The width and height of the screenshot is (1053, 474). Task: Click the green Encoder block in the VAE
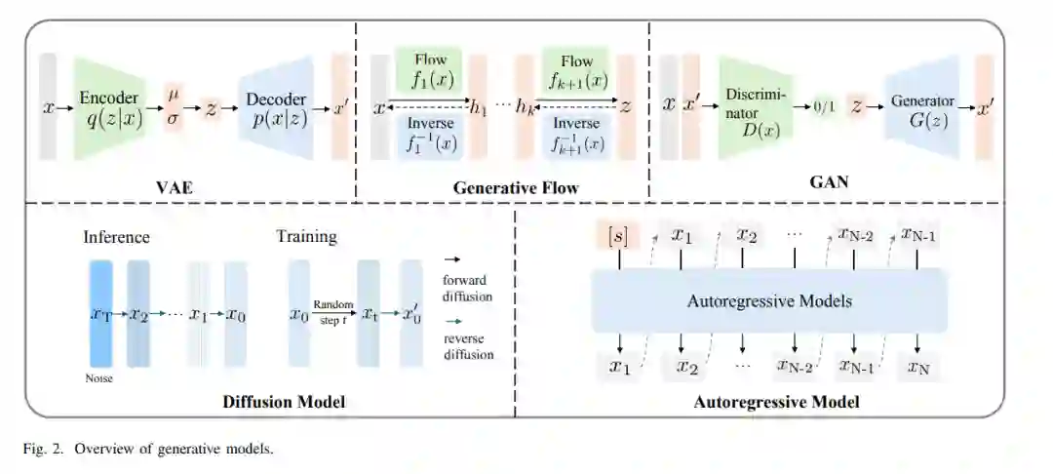(109, 108)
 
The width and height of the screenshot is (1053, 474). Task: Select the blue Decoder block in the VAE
(275, 108)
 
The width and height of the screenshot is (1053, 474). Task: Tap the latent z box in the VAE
(210, 108)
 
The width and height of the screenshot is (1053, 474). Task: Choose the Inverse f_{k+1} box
(576, 137)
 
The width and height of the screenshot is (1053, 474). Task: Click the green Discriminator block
(756, 107)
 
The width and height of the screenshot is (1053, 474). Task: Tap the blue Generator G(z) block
(921, 107)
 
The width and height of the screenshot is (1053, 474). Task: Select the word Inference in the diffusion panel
(116, 236)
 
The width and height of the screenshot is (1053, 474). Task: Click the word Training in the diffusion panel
(306, 236)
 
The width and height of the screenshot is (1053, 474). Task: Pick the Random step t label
(332, 312)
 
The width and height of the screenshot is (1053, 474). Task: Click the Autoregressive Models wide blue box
(770, 300)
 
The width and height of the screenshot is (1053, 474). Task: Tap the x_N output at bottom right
(918, 368)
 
